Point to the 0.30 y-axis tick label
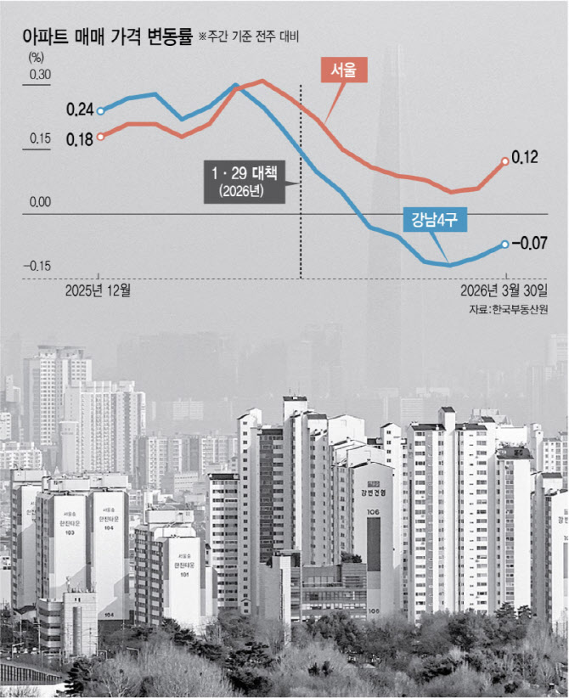[x=40, y=76]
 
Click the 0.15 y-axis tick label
[x=40, y=139]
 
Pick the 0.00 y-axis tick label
[x=40, y=203]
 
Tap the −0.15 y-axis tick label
[x=38, y=266]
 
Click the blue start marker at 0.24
[x=100, y=110]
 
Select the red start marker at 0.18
[x=100, y=136]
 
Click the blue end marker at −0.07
[x=504, y=245]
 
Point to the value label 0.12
[x=527, y=158]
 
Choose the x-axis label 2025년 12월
[x=99, y=291]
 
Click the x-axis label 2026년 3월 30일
[x=505, y=291]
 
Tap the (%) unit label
[x=36, y=58]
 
